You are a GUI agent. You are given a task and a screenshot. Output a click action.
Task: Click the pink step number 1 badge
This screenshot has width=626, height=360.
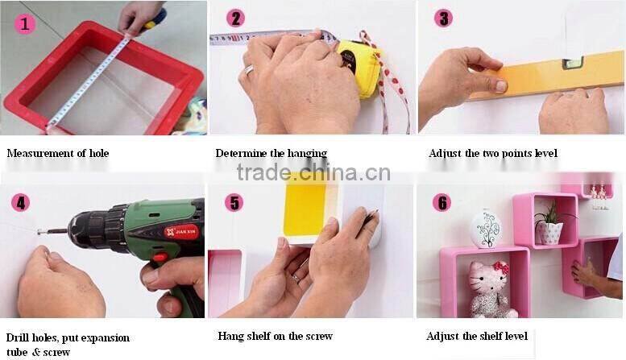[x=25, y=23]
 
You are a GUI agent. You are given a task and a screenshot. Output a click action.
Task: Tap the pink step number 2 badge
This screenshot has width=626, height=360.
[x=236, y=19]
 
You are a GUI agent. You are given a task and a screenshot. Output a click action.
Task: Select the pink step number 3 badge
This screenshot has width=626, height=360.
[x=444, y=18]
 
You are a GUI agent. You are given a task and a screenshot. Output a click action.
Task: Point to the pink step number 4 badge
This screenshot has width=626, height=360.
[x=21, y=202]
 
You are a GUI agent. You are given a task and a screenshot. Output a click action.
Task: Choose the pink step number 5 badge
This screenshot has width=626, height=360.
[x=234, y=202]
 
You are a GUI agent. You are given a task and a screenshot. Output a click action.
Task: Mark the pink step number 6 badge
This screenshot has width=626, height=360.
[x=442, y=202]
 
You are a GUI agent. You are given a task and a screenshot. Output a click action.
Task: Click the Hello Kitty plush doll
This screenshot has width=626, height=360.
[x=491, y=289]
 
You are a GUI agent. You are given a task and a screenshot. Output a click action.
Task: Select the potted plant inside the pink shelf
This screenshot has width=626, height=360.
[x=551, y=224]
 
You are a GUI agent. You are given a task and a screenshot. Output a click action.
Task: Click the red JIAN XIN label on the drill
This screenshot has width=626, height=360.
[x=181, y=231]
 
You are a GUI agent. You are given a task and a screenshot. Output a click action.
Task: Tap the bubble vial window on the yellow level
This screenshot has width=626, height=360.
[x=573, y=63]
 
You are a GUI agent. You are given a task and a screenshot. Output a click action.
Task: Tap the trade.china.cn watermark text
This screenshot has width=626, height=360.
[x=313, y=172]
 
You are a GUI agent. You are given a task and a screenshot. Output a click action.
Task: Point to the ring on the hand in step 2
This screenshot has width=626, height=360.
[x=249, y=70]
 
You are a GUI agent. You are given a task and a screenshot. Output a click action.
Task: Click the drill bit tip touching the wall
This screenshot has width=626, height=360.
[x=39, y=232]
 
